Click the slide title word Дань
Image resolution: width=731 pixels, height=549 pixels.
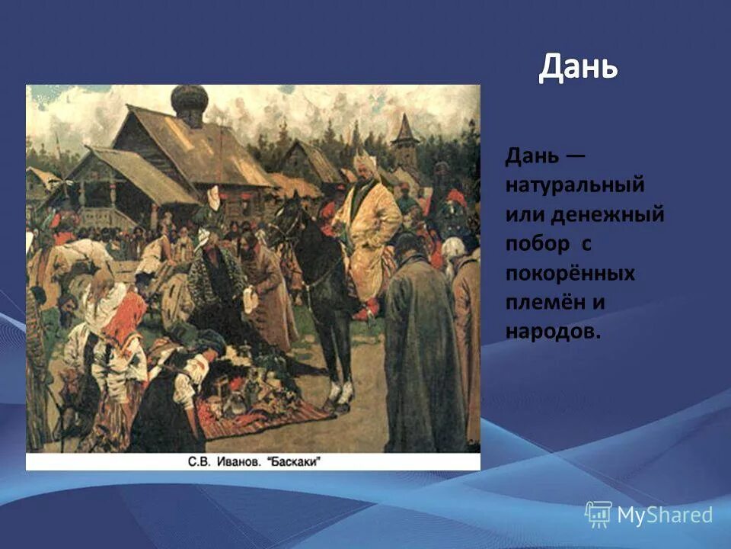[x=578, y=69]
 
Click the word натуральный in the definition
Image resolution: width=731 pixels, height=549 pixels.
[x=574, y=185]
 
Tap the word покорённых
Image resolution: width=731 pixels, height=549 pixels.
[x=570, y=272]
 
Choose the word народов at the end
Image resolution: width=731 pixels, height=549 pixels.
[x=553, y=331]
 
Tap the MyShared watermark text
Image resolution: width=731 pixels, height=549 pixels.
[x=665, y=515]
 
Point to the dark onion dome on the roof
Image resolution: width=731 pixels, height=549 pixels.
[x=189, y=102]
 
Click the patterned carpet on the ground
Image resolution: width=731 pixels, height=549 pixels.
[x=259, y=416]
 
